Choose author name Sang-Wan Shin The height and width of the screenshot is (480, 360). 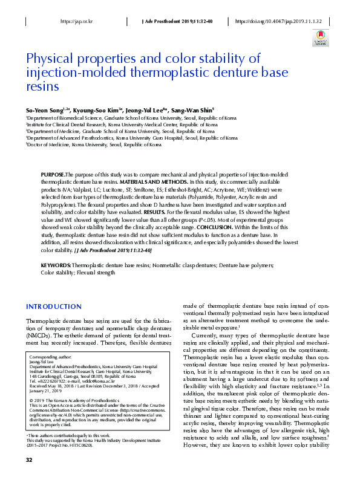point(188,111)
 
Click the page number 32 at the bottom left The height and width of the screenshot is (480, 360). point(28,460)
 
